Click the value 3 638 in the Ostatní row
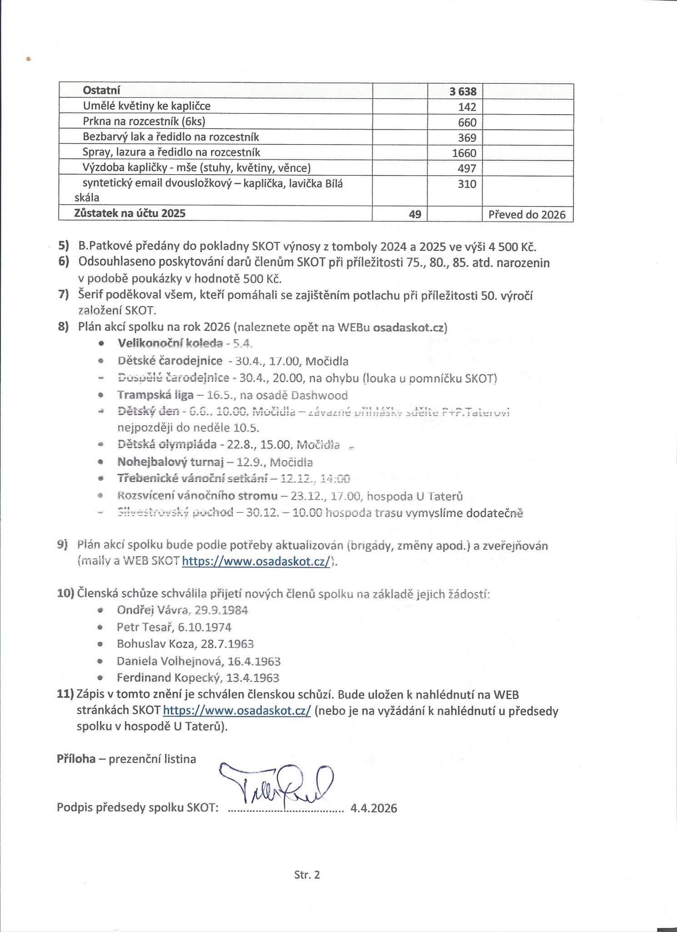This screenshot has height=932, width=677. click(x=463, y=91)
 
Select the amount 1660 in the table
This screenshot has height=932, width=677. click(x=464, y=153)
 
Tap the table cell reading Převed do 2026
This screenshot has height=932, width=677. click(x=527, y=214)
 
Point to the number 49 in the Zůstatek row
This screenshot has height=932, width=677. click(x=415, y=214)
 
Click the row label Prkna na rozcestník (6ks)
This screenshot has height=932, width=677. click(x=144, y=122)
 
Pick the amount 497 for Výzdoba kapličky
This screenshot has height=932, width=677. click(x=466, y=168)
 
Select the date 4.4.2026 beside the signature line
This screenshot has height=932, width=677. click(x=373, y=808)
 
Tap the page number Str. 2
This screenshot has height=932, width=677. click(x=307, y=875)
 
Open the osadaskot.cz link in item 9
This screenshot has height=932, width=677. click(x=256, y=562)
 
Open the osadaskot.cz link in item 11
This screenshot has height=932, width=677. click(x=236, y=711)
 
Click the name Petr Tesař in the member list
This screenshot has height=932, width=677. click(x=145, y=627)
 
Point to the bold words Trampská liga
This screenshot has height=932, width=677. click(x=155, y=395)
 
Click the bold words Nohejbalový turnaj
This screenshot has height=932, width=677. click(x=171, y=462)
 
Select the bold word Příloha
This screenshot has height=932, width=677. click(x=76, y=759)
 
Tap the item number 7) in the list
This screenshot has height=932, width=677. click(x=63, y=294)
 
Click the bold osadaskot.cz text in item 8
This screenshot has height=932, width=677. click(x=410, y=328)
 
